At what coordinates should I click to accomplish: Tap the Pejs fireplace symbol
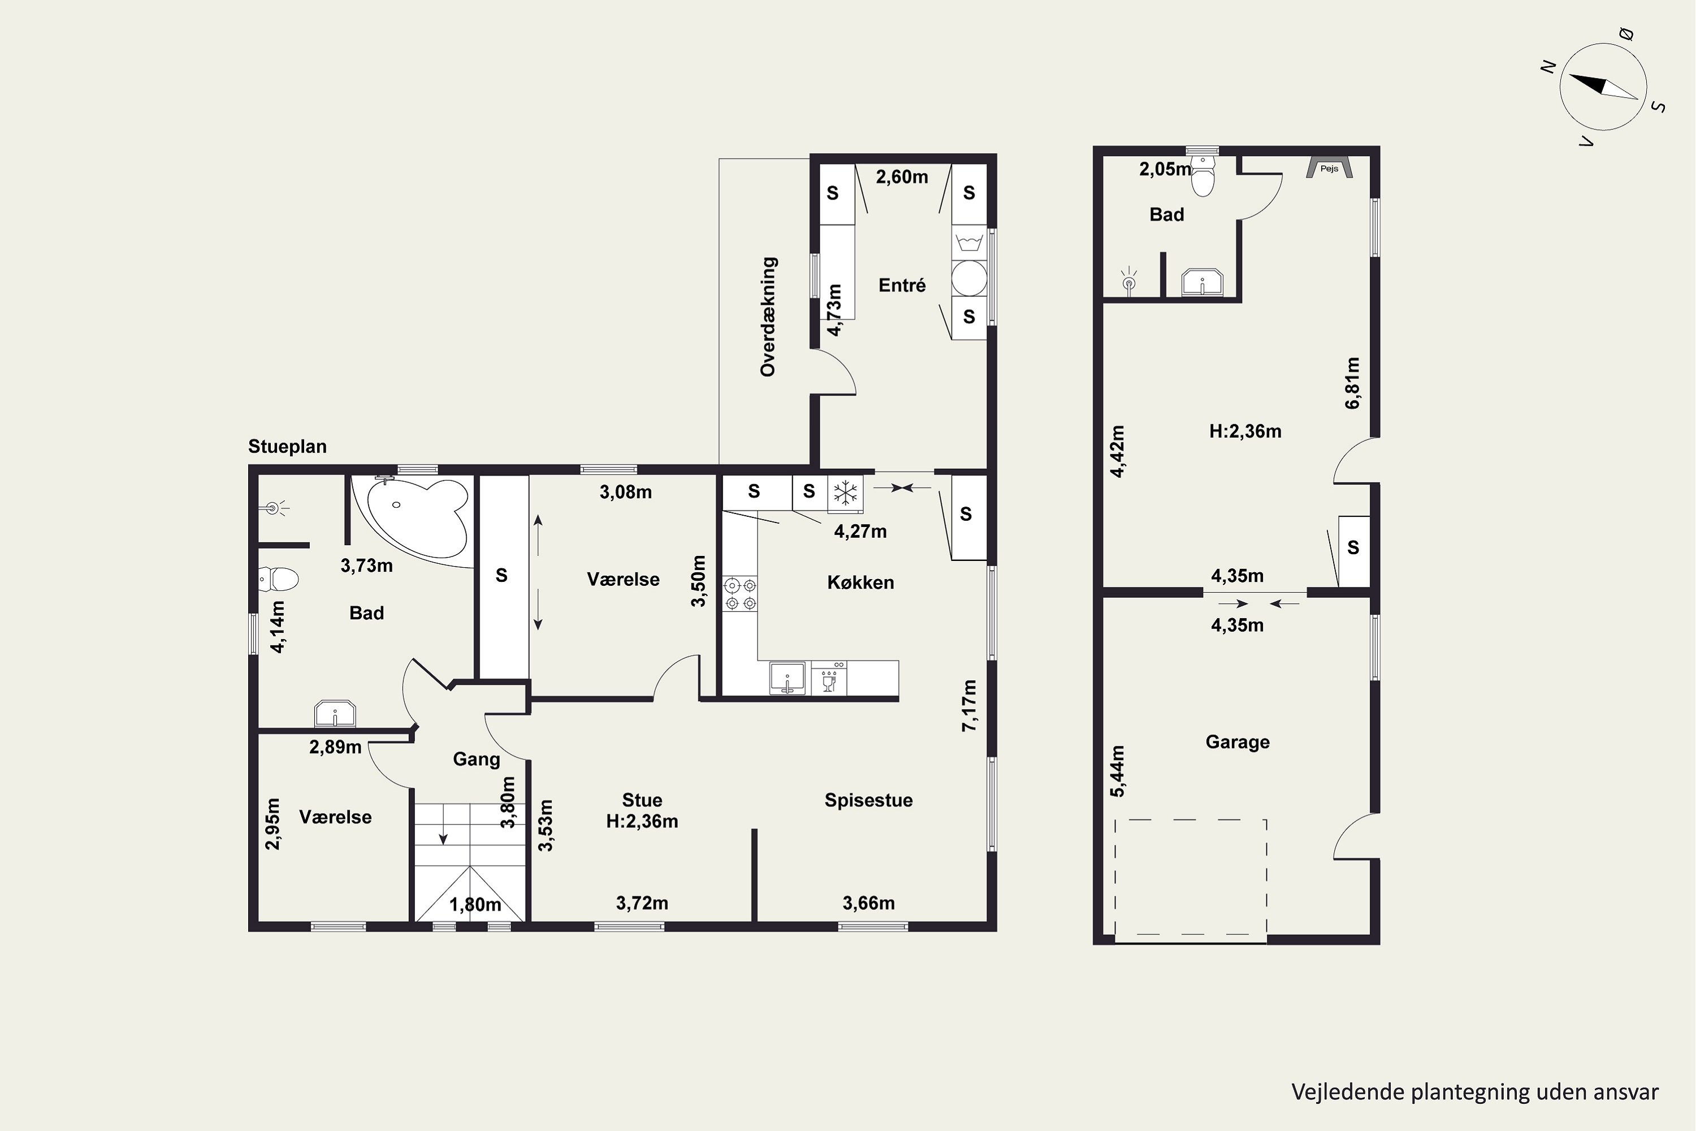pyautogui.click(x=1329, y=168)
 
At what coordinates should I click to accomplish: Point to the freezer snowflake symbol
pyautogui.click(x=845, y=493)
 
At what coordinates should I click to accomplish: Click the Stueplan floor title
pyautogui.click(x=287, y=447)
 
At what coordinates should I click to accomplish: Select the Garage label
pyautogui.click(x=1238, y=742)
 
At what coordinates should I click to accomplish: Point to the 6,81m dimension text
pyautogui.click(x=1353, y=383)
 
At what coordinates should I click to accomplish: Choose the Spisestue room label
pyautogui.click(x=869, y=800)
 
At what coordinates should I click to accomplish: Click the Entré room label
pyautogui.click(x=902, y=285)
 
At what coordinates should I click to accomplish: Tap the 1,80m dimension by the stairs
pyautogui.click(x=475, y=904)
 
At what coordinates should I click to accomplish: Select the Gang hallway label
pyautogui.click(x=476, y=759)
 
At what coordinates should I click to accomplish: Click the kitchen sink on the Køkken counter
pyautogui.click(x=788, y=678)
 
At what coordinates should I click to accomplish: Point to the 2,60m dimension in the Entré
pyautogui.click(x=902, y=176)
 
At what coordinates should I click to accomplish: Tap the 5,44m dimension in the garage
pyautogui.click(x=1117, y=771)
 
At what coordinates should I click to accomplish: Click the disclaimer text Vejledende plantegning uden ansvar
pyautogui.click(x=1474, y=1091)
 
